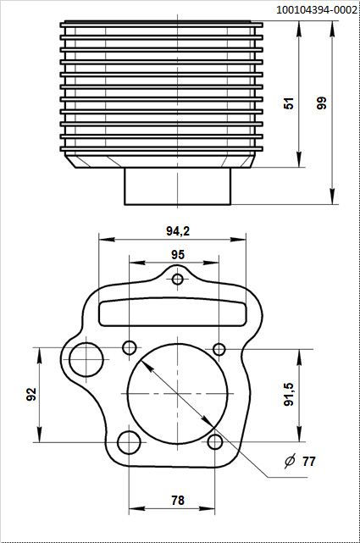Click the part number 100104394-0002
(x=316, y=9)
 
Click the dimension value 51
(x=289, y=103)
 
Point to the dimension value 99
(x=321, y=103)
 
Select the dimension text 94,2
(x=177, y=230)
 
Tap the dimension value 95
(x=178, y=254)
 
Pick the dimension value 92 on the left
(x=31, y=395)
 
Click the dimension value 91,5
(x=288, y=395)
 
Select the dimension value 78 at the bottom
(x=178, y=501)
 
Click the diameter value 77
(x=308, y=462)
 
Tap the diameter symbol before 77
(x=290, y=462)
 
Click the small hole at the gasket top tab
(x=178, y=280)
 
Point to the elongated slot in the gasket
(x=178, y=311)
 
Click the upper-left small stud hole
(x=130, y=347)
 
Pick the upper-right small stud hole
(x=219, y=349)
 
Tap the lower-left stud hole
(x=130, y=442)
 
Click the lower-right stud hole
(x=216, y=441)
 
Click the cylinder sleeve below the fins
(x=178, y=186)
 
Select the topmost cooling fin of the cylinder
(x=162, y=25)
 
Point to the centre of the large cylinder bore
(x=178, y=395)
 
